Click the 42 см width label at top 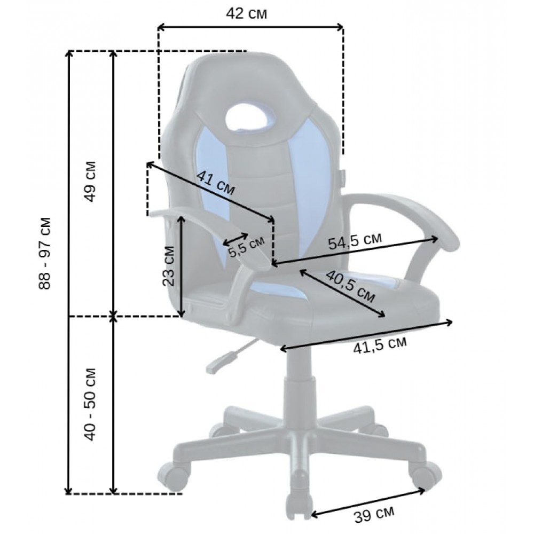pyautogui.click(x=246, y=14)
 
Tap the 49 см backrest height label pyautogui.click(x=90, y=181)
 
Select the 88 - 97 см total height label pyautogui.click(x=45, y=253)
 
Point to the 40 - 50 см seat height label pyautogui.click(x=90, y=404)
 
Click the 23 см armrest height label pyautogui.click(x=168, y=266)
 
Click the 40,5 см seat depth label pyautogui.click(x=350, y=287)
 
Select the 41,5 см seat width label pyautogui.click(x=380, y=345)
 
